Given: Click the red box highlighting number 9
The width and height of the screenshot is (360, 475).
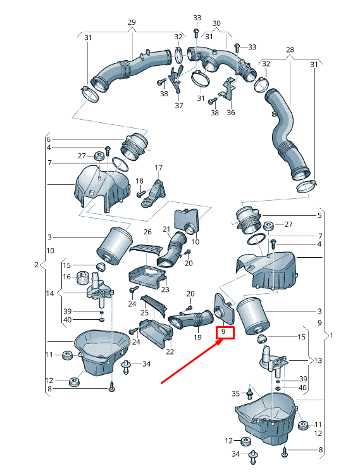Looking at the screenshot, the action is [x=225, y=332].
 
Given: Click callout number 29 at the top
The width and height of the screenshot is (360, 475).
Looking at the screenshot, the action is [x=132, y=22].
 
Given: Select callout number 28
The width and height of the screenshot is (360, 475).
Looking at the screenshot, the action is [x=290, y=49].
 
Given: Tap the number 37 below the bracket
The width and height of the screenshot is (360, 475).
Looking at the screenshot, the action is [x=179, y=105].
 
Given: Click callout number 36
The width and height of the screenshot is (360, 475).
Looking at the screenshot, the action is [x=230, y=112].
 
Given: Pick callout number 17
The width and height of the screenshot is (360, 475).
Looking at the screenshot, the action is [x=159, y=168].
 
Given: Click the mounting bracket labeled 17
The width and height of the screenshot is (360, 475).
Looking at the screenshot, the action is [x=154, y=194].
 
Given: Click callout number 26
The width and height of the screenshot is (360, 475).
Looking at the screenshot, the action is [x=147, y=232].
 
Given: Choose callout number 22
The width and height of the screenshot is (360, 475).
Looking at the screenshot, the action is [x=170, y=351].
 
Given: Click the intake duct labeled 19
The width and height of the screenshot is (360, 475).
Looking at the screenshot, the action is [x=190, y=320].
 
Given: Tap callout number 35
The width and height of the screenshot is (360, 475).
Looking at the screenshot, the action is [x=235, y=393].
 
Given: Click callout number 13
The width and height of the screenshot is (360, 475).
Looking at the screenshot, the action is [x=318, y=360].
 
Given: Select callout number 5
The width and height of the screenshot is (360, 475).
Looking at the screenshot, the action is [x=320, y=215].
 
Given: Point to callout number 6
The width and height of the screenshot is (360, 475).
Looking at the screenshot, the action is [x=49, y=139].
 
